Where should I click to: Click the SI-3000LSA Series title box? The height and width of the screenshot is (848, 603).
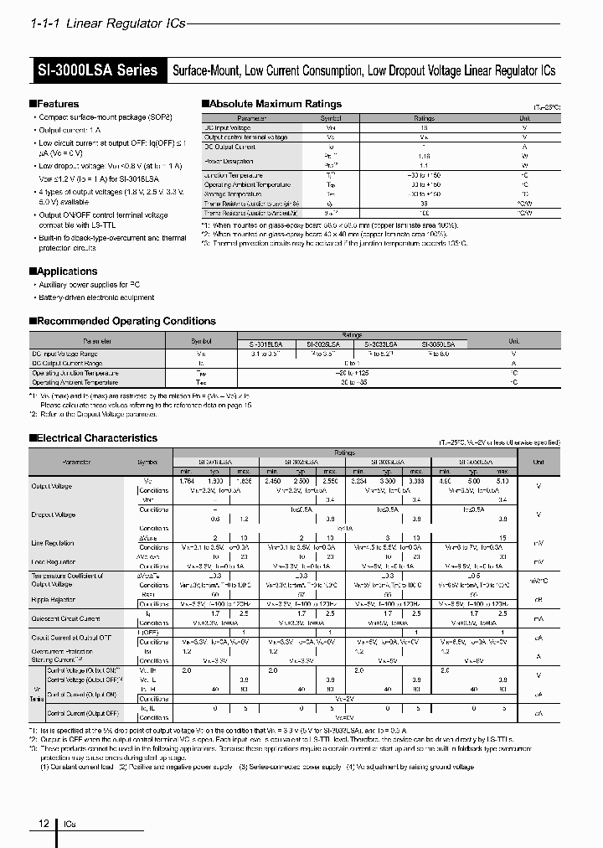click(x=97, y=70)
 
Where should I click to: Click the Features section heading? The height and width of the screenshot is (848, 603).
click(x=57, y=104)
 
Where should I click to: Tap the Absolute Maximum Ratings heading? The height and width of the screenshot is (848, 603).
click(x=274, y=104)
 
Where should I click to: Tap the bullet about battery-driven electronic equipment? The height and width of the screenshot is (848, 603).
click(x=95, y=297)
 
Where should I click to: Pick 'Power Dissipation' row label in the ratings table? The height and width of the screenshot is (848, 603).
click(x=229, y=160)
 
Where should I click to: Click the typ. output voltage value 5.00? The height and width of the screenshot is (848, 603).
click(x=474, y=482)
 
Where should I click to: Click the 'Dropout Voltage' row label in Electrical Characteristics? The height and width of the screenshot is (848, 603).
click(x=54, y=514)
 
